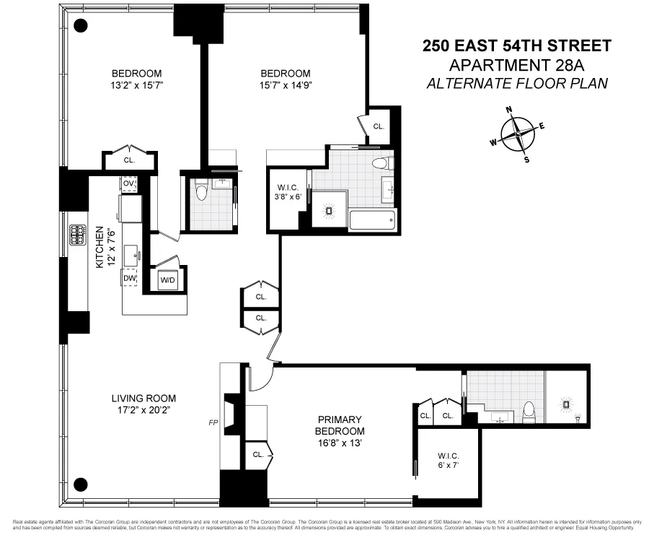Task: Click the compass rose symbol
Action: [x=518, y=134]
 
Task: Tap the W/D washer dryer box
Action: [x=167, y=279]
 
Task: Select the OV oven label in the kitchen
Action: [x=129, y=184]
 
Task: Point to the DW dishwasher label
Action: [x=129, y=278]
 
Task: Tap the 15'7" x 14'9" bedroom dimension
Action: [x=286, y=85]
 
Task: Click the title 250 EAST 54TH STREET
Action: [x=516, y=46]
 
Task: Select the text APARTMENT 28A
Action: [x=516, y=65]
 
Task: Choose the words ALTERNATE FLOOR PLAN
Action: [x=516, y=83]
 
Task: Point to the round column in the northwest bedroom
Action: [x=81, y=25]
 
